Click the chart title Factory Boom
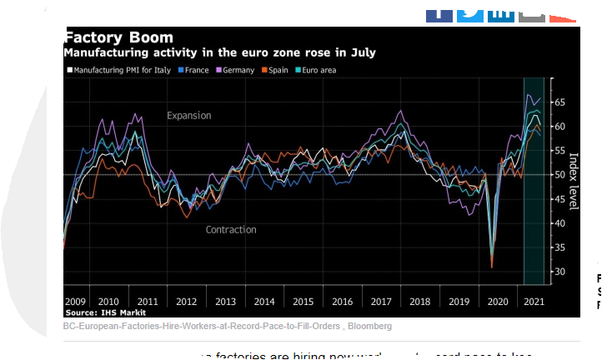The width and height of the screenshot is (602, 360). click(x=119, y=37)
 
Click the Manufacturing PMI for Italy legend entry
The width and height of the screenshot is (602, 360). click(x=122, y=70)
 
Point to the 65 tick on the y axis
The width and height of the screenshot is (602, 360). click(x=559, y=102)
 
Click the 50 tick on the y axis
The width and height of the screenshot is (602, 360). click(x=559, y=175)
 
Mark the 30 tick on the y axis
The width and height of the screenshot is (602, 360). click(x=559, y=272)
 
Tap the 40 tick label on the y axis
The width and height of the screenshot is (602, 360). click(x=559, y=223)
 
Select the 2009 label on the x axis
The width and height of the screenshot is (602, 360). click(x=76, y=301)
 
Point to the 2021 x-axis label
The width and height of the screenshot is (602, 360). click(x=534, y=301)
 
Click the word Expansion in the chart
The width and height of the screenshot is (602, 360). click(x=189, y=116)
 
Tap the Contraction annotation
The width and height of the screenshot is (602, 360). click(x=231, y=229)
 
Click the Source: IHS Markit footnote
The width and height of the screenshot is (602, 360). click(x=99, y=312)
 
